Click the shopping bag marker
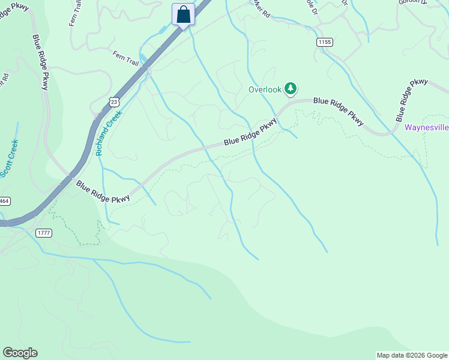183,14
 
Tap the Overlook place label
265,89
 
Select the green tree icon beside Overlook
291,89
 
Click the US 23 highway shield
114,103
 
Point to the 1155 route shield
325,42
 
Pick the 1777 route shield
44,233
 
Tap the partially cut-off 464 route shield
3,202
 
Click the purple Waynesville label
426,127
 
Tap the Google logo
20,353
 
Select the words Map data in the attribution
391,355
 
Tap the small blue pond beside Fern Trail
143,59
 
